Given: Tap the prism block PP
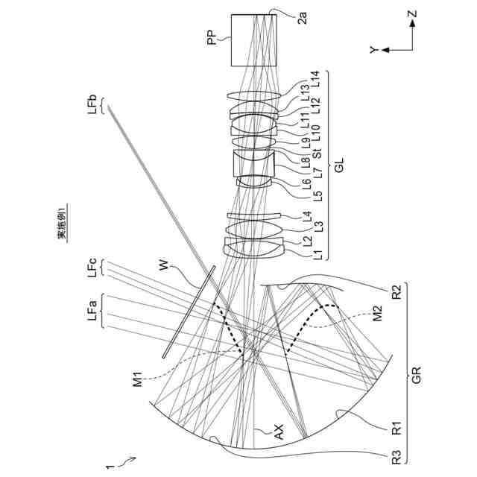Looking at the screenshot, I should point(253,42).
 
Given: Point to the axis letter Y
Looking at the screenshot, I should point(373,50).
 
